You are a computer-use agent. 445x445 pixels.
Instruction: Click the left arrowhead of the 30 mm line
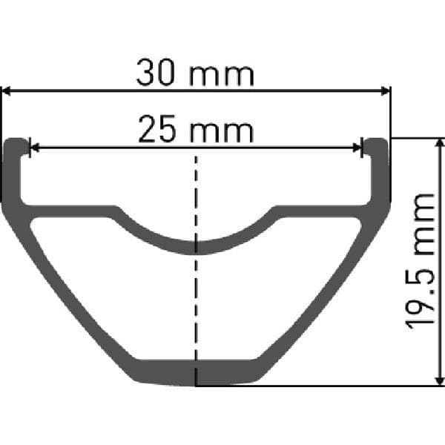click(x=6, y=91)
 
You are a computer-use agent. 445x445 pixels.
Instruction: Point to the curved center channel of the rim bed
click(x=196, y=247)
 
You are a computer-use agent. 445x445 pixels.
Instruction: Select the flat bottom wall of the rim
click(x=196, y=372)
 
